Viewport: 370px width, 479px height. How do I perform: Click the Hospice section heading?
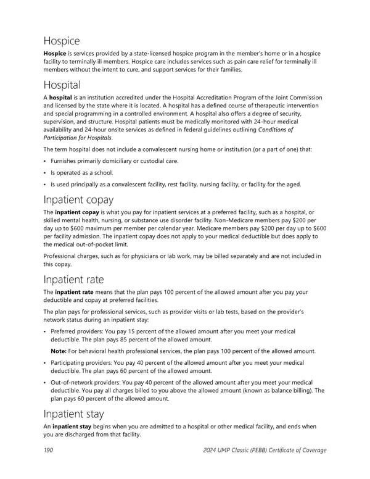click(62, 41)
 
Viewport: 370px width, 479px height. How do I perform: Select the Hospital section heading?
click(62, 85)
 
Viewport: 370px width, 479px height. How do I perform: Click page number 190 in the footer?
click(48, 450)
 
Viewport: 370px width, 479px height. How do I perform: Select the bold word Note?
click(60, 351)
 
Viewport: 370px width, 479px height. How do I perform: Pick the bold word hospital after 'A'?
click(62, 98)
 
